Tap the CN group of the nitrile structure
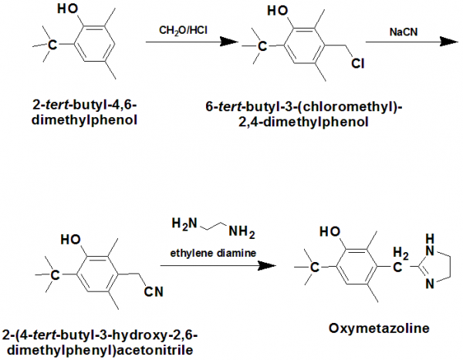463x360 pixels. point(154,291)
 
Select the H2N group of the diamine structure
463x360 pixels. point(180,224)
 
